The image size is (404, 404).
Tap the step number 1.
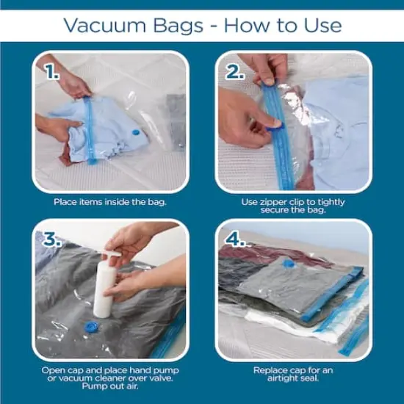(x=51, y=73)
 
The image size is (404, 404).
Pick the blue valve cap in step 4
(x=289, y=262)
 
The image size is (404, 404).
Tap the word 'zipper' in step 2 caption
(x=276, y=201)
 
